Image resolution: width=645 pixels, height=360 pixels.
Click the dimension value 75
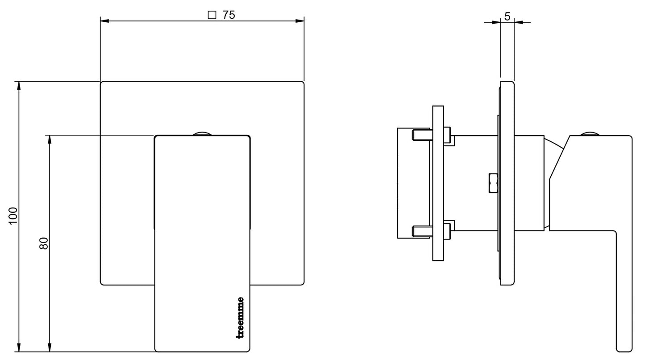pos(229,15)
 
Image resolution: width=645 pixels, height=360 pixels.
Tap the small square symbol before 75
pos(212,15)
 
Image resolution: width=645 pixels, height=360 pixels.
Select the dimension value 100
pos(13,215)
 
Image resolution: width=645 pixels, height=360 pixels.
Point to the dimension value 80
pos(44,243)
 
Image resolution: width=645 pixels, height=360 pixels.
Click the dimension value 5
pos(507,16)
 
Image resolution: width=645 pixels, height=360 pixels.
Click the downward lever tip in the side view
pos(624,343)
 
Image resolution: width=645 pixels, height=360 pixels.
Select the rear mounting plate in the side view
pos(438,183)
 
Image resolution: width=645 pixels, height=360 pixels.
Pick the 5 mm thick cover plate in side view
pos(508,183)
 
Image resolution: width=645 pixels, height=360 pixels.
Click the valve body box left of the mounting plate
pos(406,183)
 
